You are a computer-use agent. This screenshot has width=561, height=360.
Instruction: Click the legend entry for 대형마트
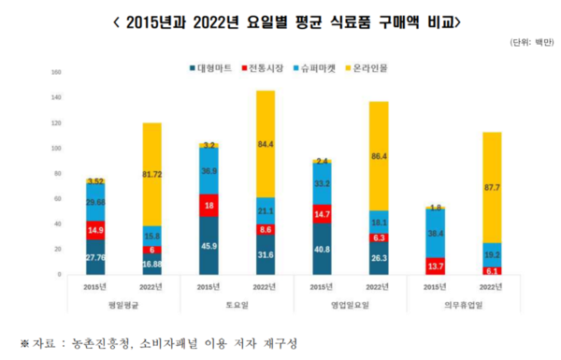pyautogui.click(x=211, y=69)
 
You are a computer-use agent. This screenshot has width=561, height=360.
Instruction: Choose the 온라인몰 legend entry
pyautogui.click(x=368, y=69)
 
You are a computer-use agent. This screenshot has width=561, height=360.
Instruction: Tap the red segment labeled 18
pyautogui.click(x=210, y=206)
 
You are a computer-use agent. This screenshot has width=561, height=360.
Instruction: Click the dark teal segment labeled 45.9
pyautogui.click(x=210, y=246)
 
